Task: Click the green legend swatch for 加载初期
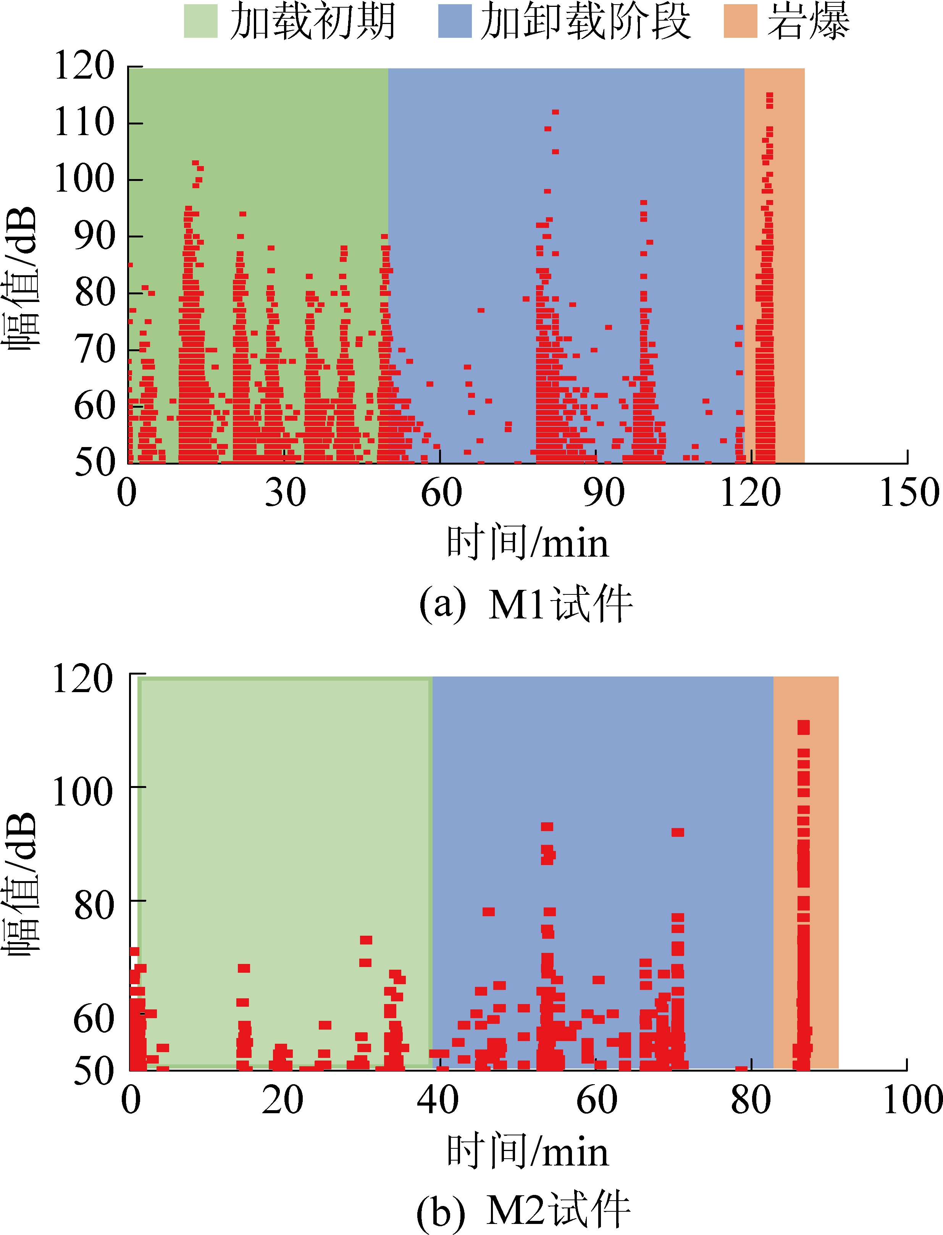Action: [x=200, y=21]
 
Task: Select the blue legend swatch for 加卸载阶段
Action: [x=455, y=21]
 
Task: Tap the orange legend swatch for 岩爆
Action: [x=740, y=21]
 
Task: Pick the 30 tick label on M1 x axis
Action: [x=285, y=493]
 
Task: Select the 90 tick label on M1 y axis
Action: [x=94, y=236]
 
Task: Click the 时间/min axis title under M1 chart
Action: [x=528, y=542]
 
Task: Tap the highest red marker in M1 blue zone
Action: [x=555, y=112]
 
